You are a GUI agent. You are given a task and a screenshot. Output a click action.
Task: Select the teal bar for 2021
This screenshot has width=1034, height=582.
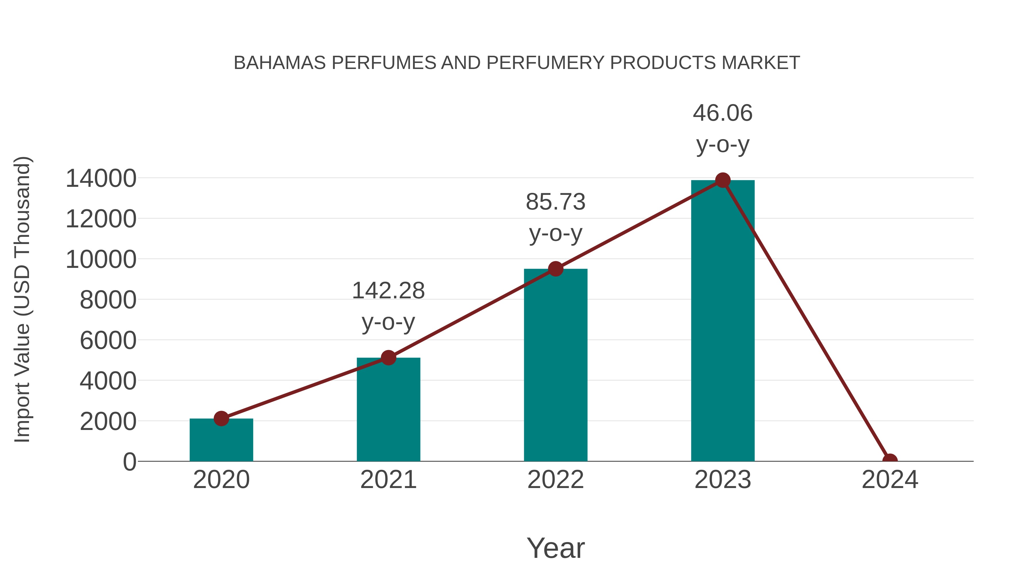click(388, 409)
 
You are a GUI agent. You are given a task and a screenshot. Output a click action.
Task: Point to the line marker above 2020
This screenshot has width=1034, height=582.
click(221, 418)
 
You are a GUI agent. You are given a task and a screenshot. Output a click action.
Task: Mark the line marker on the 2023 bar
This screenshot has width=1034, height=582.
click(723, 180)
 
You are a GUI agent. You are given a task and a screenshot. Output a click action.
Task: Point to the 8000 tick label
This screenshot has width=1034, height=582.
click(108, 300)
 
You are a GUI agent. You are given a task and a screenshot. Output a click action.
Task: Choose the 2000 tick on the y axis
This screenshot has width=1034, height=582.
click(108, 421)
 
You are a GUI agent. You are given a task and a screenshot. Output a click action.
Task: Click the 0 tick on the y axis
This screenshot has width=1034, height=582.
click(130, 462)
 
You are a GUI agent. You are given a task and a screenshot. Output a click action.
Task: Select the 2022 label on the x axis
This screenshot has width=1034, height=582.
click(555, 480)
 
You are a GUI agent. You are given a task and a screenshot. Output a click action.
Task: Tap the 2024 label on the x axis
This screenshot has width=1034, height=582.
click(890, 480)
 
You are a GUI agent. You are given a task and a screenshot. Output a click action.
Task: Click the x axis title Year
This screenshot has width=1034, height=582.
click(555, 548)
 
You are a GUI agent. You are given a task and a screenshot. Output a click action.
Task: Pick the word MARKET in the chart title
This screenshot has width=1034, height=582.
click(760, 63)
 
